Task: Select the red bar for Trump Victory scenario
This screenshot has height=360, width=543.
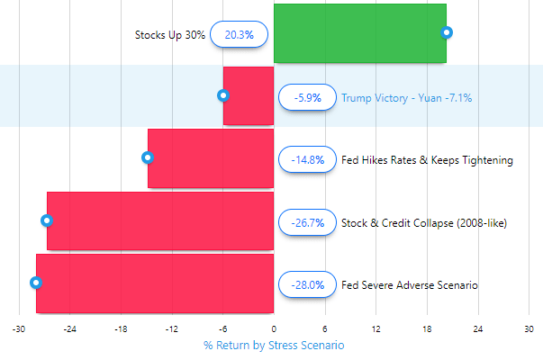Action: point(249,96)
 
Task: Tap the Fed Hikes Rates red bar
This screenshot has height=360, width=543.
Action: point(211,158)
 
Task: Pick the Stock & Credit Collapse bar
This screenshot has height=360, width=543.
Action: point(160,220)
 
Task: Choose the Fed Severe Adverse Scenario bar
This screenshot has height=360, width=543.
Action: point(155,283)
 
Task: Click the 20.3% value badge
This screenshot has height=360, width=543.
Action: point(239,35)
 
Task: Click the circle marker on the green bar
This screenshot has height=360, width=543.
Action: point(447,32)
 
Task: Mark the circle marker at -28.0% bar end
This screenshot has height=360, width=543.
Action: point(36,283)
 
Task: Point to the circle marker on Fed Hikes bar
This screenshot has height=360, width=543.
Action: point(148,157)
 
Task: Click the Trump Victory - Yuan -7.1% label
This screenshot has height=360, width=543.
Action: point(406,97)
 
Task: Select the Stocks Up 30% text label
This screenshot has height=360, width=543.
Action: point(170,35)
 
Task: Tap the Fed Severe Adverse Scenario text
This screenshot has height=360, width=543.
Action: point(410,284)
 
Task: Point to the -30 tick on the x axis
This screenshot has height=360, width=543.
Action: point(18,329)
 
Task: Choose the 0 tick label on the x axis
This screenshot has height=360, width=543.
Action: point(274,329)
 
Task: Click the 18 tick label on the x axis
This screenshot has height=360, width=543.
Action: point(427,329)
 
